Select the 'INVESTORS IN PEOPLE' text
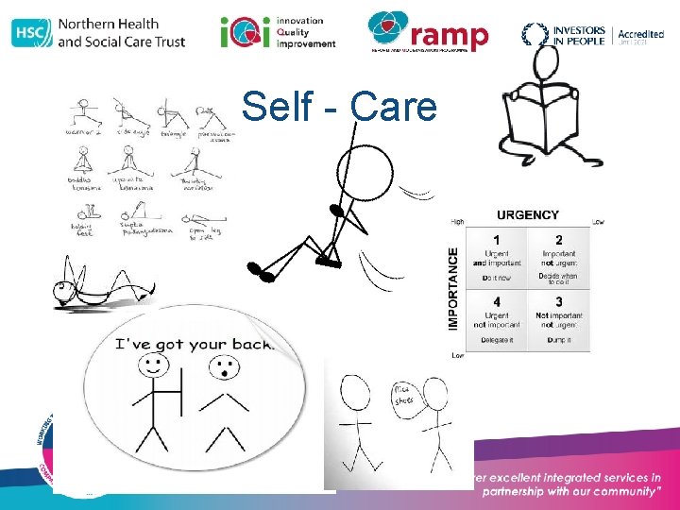(x=579, y=35)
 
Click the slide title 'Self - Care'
(x=339, y=107)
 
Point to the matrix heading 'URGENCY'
(x=527, y=215)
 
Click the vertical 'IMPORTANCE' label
(x=453, y=288)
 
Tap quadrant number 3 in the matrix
(x=559, y=301)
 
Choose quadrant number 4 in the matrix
(x=497, y=301)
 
